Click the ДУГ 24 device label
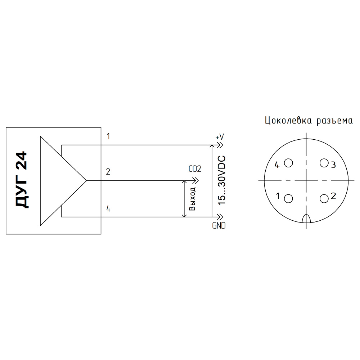(22, 180)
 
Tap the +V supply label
(220, 137)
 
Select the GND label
(219, 226)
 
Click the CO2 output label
(195, 169)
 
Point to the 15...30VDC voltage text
(222, 180)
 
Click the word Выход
(192, 199)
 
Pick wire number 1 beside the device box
(108, 136)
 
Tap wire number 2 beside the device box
(108, 172)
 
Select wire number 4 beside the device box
(108, 209)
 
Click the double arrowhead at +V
(220, 145)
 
